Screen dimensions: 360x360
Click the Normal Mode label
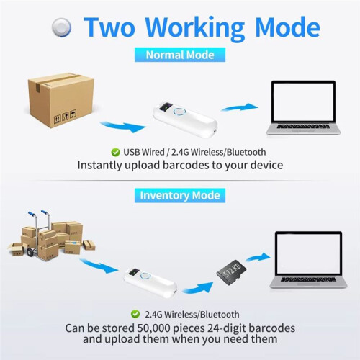click(x=180, y=55)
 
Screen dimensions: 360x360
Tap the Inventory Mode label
click(x=180, y=195)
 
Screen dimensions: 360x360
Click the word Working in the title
click(x=194, y=27)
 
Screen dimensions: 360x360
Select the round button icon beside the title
click(x=62, y=27)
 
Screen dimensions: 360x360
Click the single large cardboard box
click(x=60, y=100)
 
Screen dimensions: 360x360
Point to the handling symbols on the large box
click(x=65, y=116)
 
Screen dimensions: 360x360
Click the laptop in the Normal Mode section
click(x=303, y=108)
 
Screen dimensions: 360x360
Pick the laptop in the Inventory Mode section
click(x=308, y=260)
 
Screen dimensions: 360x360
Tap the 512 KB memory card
click(x=231, y=272)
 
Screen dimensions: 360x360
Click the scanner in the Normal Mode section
click(x=185, y=120)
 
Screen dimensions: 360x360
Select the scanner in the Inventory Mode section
click(x=150, y=282)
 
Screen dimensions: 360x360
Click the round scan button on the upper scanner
click(x=179, y=112)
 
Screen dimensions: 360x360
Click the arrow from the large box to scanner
click(x=123, y=127)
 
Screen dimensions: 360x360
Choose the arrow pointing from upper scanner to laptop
click(x=239, y=107)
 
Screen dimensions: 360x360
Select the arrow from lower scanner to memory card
click(x=198, y=287)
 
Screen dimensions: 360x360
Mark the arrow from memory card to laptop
click(x=258, y=257)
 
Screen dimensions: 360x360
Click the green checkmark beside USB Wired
click(x=115, y=152)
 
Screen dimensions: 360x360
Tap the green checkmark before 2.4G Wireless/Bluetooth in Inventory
click(x=135, y=314)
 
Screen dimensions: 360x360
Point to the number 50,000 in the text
click(x=153, y=328)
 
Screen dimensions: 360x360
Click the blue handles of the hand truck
click(x=39, y=212)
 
